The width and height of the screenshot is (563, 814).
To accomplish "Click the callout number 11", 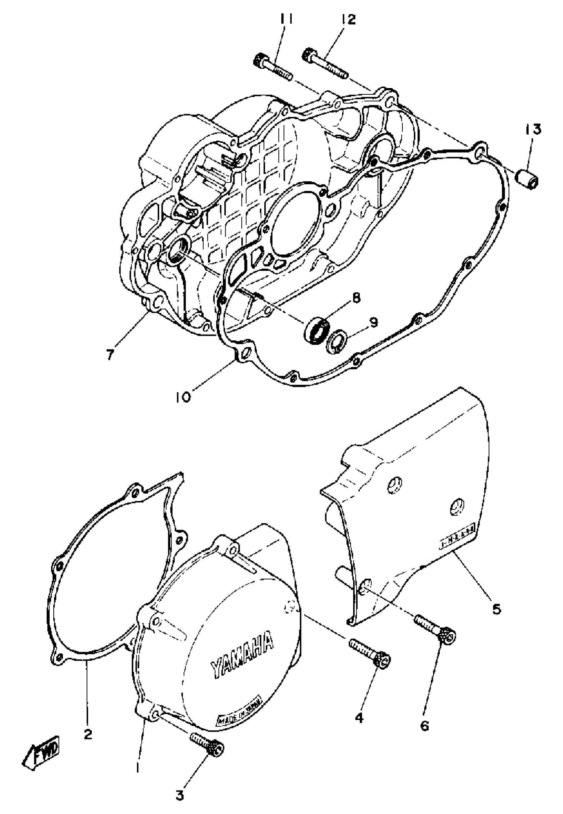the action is (x=286, y=20).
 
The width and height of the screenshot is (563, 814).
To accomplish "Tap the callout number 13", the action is (x=534, y=130).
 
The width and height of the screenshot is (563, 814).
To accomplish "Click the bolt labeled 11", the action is (x=272, y=67).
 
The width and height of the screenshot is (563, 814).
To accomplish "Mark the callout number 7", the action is (x=110, y=355).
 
